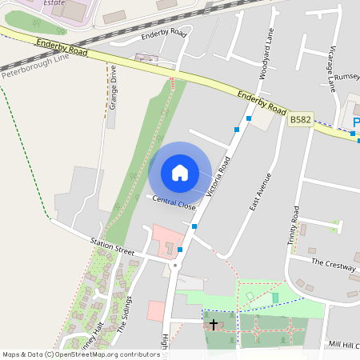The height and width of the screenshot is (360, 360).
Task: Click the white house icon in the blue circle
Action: (x=180, y=172)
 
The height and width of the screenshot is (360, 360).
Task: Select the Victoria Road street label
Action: (x=218, y=177)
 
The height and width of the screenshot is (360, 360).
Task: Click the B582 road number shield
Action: (x=301, y=119)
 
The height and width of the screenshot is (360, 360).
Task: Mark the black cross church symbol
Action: (x=214, y=324)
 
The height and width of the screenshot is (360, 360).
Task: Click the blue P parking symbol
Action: (x=356, y=122)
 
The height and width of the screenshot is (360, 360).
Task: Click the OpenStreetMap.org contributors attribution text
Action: (x=104, y=354)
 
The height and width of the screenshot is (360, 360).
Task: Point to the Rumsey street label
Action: (x=346, y=77)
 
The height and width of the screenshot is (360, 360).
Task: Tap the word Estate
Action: (x=54, y=3)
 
